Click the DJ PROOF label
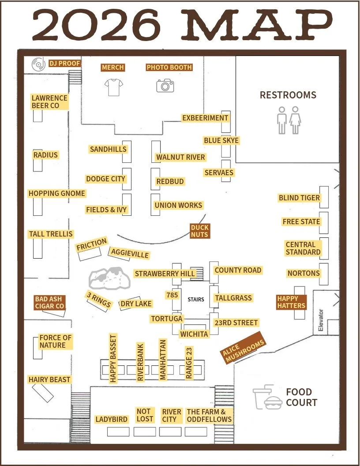64,64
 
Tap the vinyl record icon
38,64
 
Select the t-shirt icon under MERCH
113,87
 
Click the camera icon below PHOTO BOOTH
165,85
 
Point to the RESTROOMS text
288,95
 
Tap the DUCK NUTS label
199,231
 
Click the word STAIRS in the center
196,299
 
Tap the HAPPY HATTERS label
291,302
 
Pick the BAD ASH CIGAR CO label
49,303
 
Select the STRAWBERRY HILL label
165,274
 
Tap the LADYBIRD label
111,419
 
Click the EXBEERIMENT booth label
205,118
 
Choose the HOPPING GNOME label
57,193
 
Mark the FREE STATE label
301,222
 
